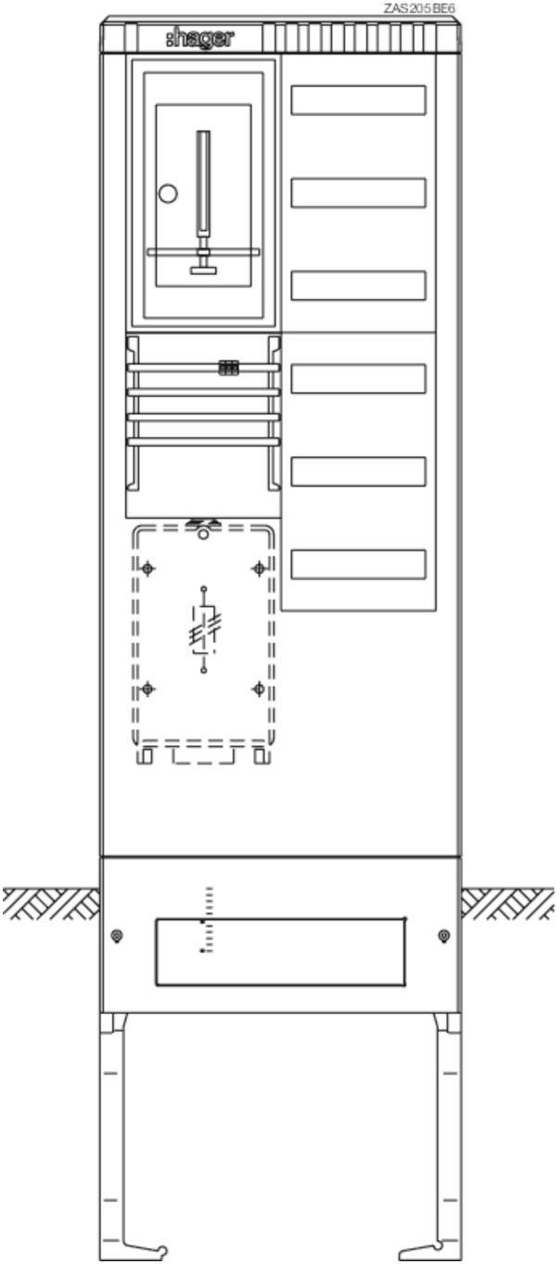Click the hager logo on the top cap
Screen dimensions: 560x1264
200,38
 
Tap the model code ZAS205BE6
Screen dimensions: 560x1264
419,9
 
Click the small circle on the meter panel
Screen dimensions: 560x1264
168,194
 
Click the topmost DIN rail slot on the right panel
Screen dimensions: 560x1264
359,100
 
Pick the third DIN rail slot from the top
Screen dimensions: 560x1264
359,285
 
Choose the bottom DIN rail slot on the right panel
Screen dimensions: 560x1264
359,564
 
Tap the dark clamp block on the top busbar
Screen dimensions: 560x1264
228,368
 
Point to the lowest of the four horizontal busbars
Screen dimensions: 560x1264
203,442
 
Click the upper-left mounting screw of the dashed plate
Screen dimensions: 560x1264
148,568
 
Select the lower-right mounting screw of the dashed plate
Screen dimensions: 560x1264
259,689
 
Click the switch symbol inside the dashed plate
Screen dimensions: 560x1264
204,630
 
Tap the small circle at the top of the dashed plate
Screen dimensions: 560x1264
203,534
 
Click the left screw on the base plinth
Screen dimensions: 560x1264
117,936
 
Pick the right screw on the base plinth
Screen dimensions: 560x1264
444,936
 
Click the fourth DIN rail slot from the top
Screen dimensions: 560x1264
359,379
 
